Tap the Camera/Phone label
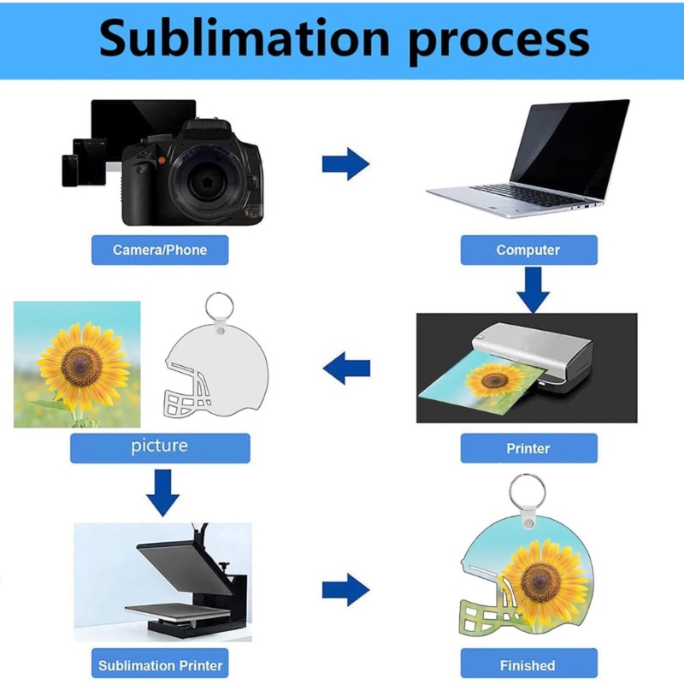pos(160,250)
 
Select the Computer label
pos(528,250)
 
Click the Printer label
pos(528,448)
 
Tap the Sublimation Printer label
pos(160,665)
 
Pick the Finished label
pos(528,665)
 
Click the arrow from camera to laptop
pos(345,164)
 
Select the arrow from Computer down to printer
pos(533,290)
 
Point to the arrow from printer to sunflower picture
pos(346,369)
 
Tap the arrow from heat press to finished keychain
pos(345,590)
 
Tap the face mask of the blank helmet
pos(186,392)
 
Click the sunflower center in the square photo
pos(81,366)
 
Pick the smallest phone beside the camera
pos(70,170)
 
